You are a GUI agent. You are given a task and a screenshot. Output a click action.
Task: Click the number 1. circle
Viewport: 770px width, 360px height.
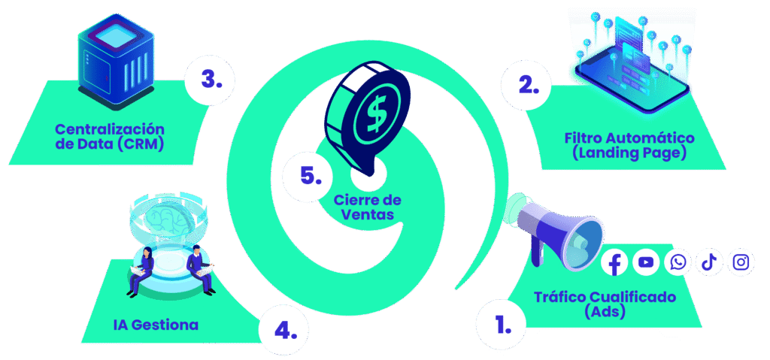tap(499, 325)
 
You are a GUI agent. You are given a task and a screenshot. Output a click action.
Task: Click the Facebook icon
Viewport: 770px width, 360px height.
tap(615, 263)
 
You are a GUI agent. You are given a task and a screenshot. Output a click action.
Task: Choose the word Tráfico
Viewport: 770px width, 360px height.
tap(558, 297)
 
